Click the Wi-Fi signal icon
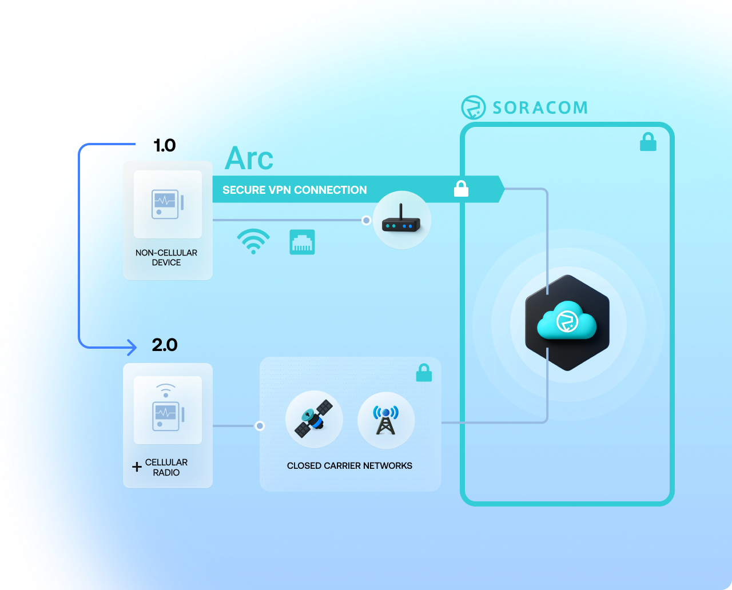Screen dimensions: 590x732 pyautogui.click(x=253, y=242)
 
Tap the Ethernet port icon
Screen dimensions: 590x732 pyautogui.click(x=302, y=242)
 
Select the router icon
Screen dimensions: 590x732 pyautogui.click(x=402, y=220)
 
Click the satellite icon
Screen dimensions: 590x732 pyautogui.click(x=314, y=420)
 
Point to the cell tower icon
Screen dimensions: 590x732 pyautogui.click(x=386, y=420)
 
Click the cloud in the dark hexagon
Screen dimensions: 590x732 pyautogui.click(x=567, y=322)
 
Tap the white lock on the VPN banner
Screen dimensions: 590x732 pyautogui.click(x=461, y=189)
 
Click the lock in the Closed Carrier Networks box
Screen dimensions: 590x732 pyautogui.click(x=424, y=373)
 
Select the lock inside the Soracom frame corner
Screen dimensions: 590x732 pyautogui.click(x=648, y=142)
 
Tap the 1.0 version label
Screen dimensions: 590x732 pyautogui.click(x=165, y=146)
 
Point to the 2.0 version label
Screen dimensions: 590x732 pyautogui.click(x=165, y=345)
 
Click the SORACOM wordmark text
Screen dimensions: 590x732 pyautogui.click(x=540, y=108)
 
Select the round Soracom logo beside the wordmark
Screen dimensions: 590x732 pyautogui.click(x=474, y=107)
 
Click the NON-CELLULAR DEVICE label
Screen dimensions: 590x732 pyautogui.click(x=166, y=257)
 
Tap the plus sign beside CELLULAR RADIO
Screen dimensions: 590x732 pyautogui.click(x=137, y=467)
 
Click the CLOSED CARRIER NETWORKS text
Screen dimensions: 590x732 pyautogui.click(x=349, y=466)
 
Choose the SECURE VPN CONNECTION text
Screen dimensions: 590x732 pyautogui.click(x=295, y=190)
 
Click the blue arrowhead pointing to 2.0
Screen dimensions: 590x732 pyautogui.click(x=132, y=347)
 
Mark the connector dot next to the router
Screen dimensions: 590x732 pyautogui.click(x=367, y=220)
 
